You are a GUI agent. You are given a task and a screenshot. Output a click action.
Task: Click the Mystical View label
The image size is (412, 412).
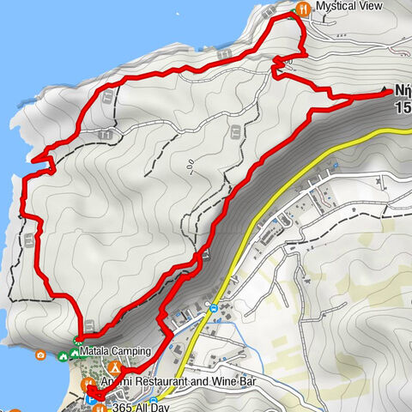coord(348,7)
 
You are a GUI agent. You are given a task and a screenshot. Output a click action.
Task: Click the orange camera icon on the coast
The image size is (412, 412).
coord(40,354)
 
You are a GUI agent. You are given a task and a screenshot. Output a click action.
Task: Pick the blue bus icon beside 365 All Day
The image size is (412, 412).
coord(152,401)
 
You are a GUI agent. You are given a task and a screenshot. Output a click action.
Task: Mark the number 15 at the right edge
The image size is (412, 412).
coord(402,108)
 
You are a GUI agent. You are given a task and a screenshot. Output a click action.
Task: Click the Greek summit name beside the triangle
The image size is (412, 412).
coord(402,89)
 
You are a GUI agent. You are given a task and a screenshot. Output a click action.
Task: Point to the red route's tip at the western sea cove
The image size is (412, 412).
coord(34,159)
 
